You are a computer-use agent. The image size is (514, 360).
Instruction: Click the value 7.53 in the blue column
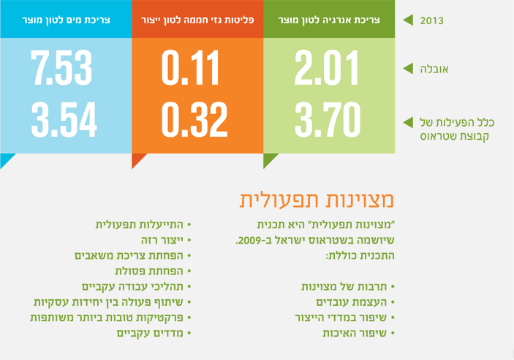coord(64,67)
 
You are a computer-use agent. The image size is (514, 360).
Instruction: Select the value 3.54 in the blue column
coord(64,117)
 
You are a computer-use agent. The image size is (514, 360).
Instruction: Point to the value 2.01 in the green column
coord(328,67)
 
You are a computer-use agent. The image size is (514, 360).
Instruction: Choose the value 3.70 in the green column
coord(328,117)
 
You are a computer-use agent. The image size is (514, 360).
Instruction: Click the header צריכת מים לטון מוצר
coord(66,20)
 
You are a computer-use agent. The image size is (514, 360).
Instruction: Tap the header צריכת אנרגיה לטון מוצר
coord(329,20)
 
